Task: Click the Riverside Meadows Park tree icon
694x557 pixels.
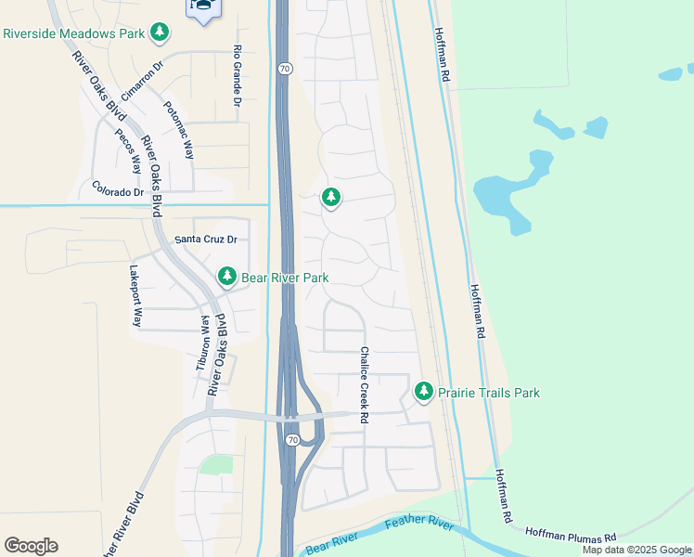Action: pyautogui.click(x=161, y=32)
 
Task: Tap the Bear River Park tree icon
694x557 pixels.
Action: pyautogui.click(x=227, y=277)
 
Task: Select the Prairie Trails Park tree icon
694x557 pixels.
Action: pyautogui.click(x=424, y=392)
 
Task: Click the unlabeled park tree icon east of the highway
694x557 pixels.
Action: pyautogui.click(x=331, y=197)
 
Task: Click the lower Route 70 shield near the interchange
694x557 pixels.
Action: pyautogui.click(x=291, y=440)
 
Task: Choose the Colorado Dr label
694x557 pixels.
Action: pyautogui.click(x=118, y=192)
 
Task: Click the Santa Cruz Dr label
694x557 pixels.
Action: pyautogui.click(x=206, y=240)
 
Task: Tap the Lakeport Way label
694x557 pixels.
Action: pyautogui.click(x=136, y=298)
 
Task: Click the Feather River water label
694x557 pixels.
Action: pyautogui.click(x=419, y=525)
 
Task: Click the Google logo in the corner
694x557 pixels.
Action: pyautogui.click(x=31, y=546)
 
